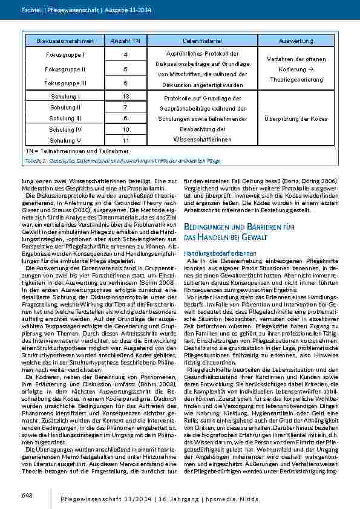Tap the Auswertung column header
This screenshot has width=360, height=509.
(x=295, y=41)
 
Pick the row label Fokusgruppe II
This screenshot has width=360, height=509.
(x=65, y=69)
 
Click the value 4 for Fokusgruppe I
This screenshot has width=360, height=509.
(x=125, y=55)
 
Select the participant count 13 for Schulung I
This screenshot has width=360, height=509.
(x=125, y=97)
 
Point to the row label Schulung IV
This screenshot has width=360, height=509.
(x=65, y=129)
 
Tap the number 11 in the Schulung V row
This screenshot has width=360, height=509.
(x=125, y=140)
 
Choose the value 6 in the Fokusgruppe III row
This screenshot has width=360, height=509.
(x=125, y=83)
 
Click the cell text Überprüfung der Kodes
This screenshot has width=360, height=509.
(x=296, y=118)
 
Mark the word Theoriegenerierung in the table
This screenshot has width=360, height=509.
(x=296, y=79)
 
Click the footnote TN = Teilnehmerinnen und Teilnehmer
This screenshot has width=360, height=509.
(x=68, y=151)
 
